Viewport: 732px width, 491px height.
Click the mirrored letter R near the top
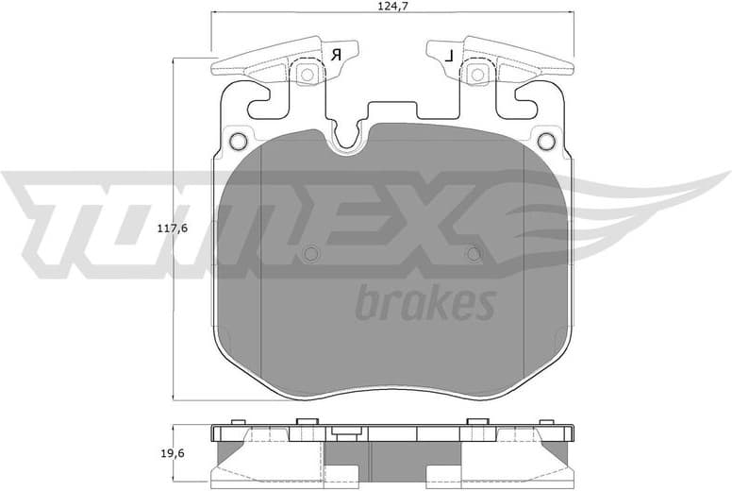[x=335, y=56]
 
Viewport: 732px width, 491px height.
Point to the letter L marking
[x=450, y=56]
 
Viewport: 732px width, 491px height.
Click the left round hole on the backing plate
[x=238, y=143]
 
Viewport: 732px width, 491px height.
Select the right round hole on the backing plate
[x=546, y=143]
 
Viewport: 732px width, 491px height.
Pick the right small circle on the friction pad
[x=474, y=253]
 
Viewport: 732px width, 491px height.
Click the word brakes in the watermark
[x=424, y=304]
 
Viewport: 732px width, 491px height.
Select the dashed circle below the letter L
[x=478, y=74]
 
